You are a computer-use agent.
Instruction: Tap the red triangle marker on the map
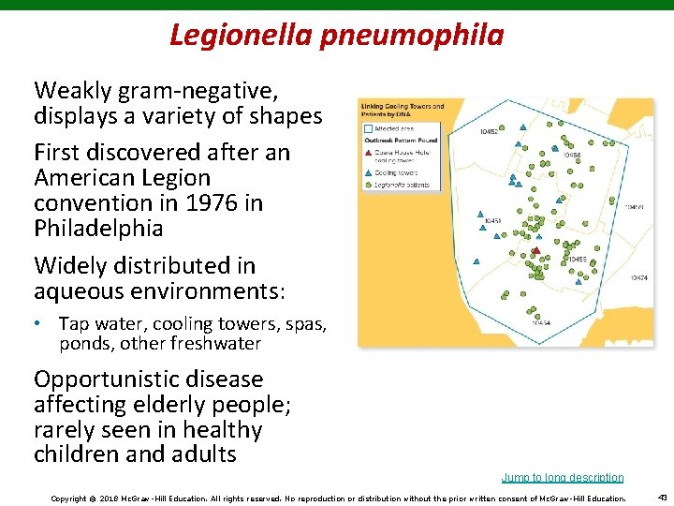tap(535, 250)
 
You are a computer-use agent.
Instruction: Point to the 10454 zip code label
tap(541, 322)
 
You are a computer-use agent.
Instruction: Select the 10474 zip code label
tap(639, 277)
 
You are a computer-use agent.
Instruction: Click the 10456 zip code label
tap(571, 156)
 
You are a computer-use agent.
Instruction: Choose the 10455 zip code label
tap(577, 260)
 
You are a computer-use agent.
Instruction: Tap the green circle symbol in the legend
tap(369, 185)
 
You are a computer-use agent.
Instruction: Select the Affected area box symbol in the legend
tap(369, 127)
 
